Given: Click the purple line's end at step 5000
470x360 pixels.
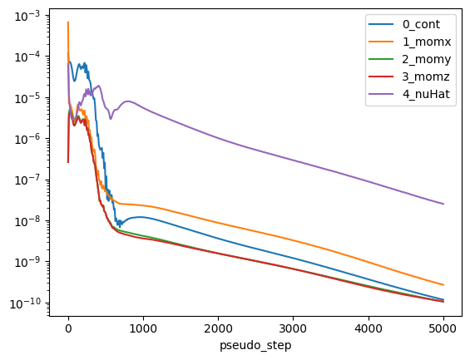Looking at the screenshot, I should pyautogui.click(x=443, y=204).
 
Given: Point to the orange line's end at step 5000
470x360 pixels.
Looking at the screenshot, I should pyautogui.click(x=443, y=285).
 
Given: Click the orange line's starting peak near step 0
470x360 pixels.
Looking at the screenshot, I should pyautogui.click(x=68, y=22).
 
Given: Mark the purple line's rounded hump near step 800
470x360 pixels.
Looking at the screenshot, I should pyautogui.click(x=128, y=101).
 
